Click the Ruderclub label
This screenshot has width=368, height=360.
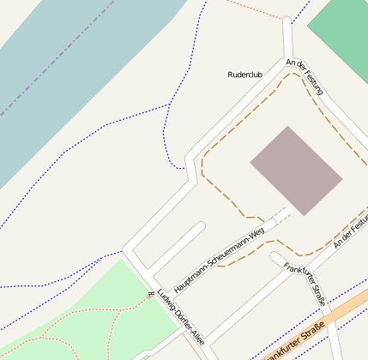pyautogui.click(x=244, y=75)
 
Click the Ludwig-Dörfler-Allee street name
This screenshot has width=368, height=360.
pyautogui.click(x=181, y=318)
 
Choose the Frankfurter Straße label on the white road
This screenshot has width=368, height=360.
pyautogui.click(x=306, y=284)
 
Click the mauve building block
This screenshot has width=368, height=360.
pyautogui.click(x=296, y=171)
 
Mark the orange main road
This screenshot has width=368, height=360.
pyautogui.click(x=339, y=313)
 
